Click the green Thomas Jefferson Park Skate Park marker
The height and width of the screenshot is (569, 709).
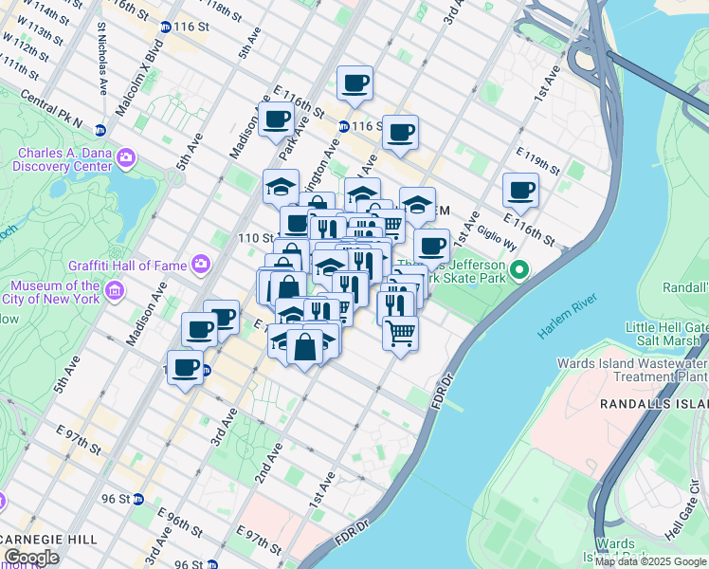[518, 272]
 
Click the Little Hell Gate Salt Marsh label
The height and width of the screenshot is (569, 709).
[665, 334]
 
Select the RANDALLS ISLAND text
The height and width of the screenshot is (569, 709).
[654, 404]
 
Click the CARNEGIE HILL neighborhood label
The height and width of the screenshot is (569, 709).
[48, 539]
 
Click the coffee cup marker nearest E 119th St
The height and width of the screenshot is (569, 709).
[519, 190]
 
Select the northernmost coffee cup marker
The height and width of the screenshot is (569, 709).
[354, 83]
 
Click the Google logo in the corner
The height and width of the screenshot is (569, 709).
[32, 557]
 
